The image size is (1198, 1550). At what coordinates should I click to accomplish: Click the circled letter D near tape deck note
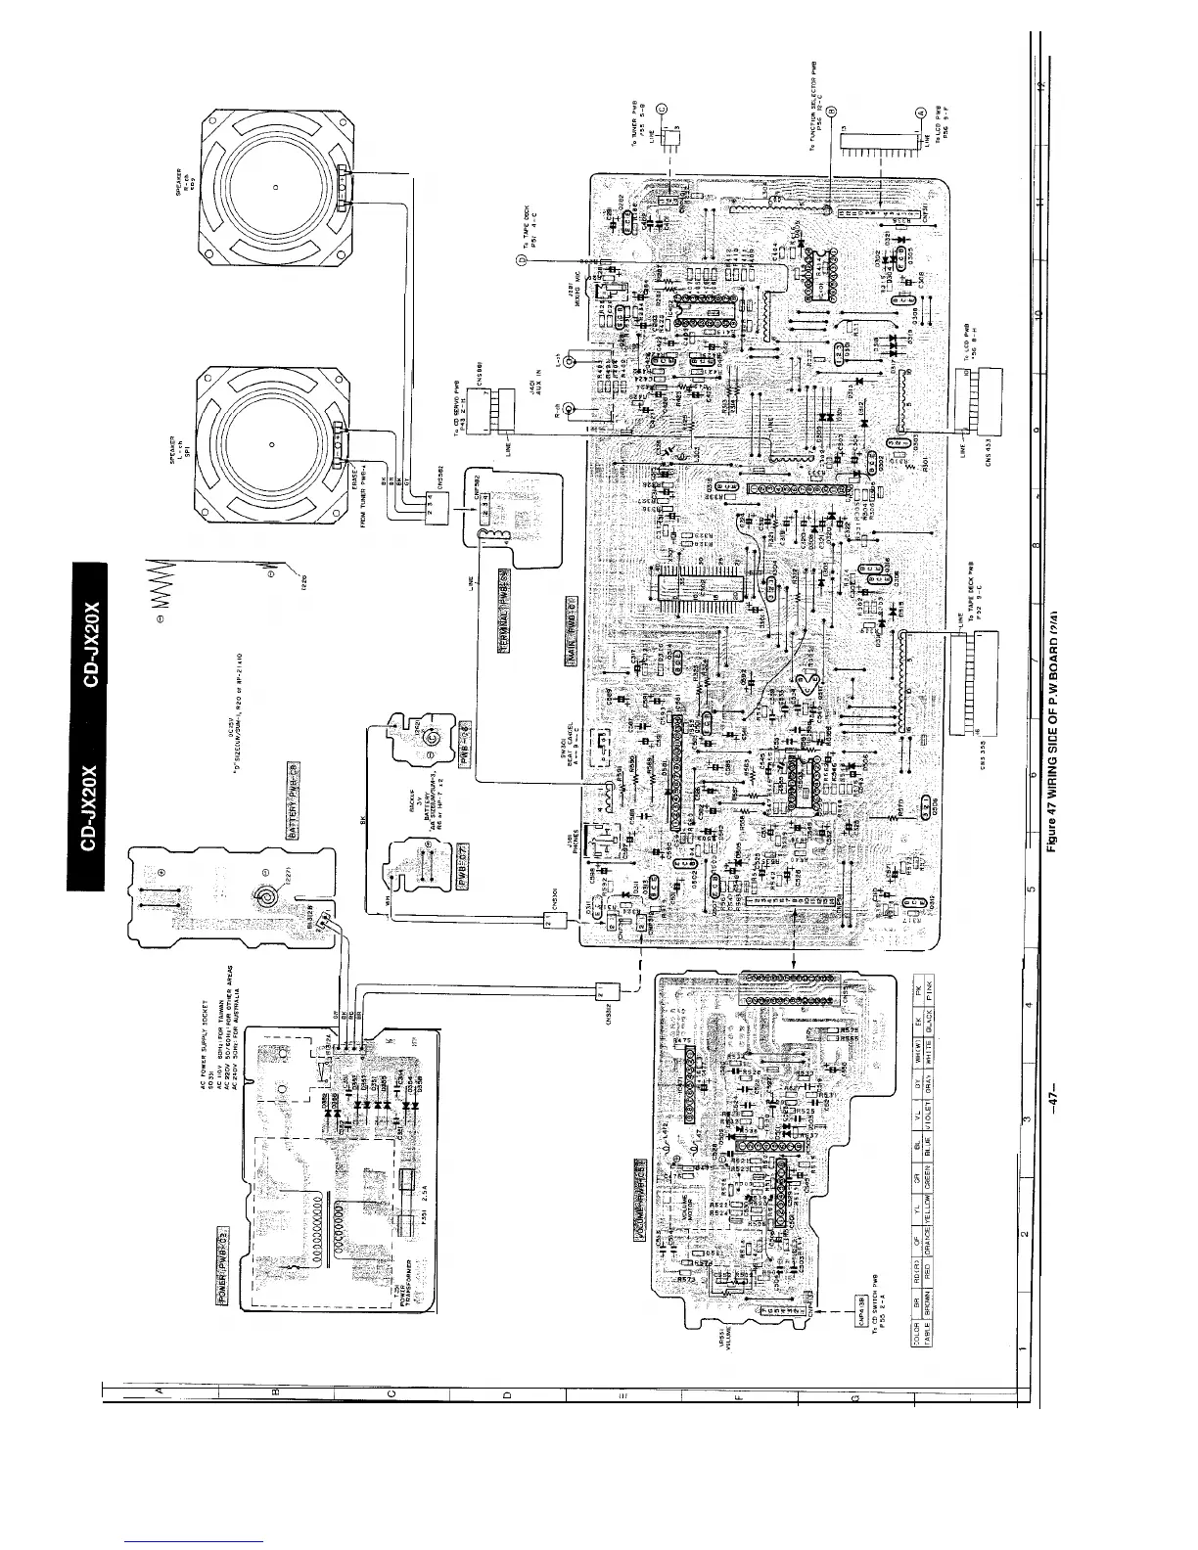coord(522,261)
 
